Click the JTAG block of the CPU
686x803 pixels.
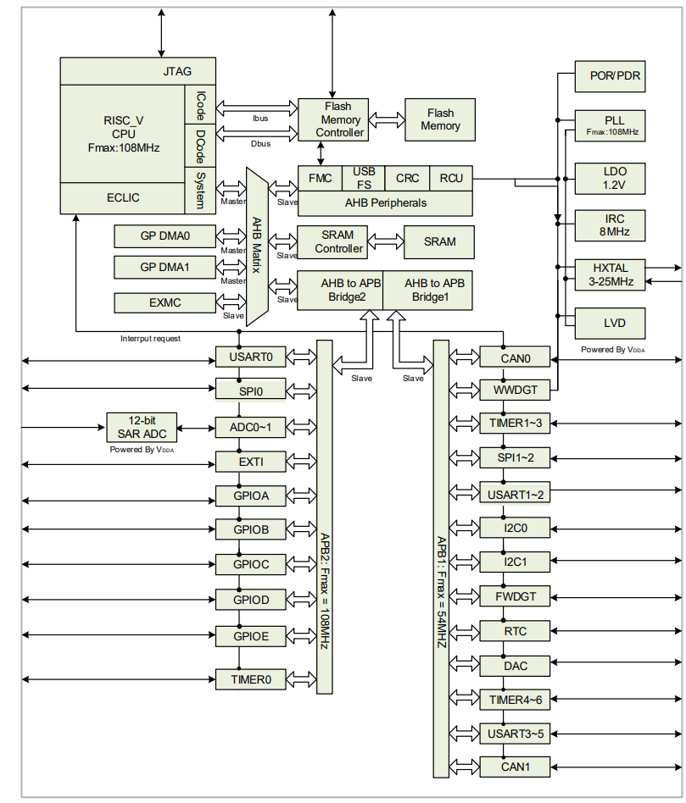tap(177, 71)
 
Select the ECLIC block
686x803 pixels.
tap(123, 198)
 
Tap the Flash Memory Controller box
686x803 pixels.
tap(332, 119)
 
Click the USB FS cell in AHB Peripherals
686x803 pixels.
tap(363, 178)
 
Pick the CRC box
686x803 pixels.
tap(408, 178)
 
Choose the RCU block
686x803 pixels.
tap(451, 178)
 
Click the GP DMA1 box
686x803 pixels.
tap(165, 268)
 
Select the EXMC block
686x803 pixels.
tap(165, 302)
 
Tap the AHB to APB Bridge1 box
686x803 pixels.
tap(428, 290)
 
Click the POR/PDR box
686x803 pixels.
tap(610, 75)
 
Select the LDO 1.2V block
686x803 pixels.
tap(610, 178)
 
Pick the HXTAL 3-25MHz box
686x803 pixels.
tap(610, 274)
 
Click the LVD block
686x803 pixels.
tap(610, 323)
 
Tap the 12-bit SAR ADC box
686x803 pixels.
tap(142, 427)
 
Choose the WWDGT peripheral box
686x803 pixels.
tap(515, 390)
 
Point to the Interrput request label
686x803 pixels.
tap(151, 339)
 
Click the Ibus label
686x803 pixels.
tap(260, 119)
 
